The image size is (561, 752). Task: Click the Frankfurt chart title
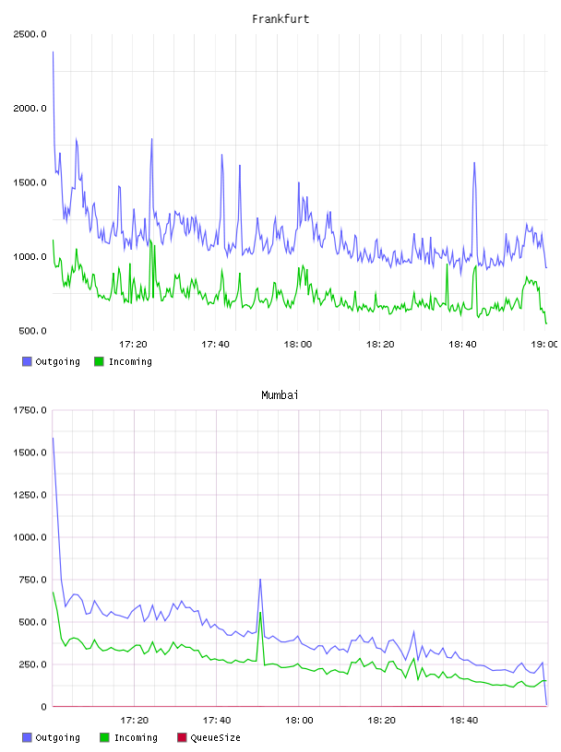tap(280, 19)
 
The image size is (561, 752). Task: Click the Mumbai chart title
tap(280, 395)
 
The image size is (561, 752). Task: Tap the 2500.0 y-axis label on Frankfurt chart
tap(30, 34)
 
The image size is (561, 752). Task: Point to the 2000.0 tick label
tap(30, 109)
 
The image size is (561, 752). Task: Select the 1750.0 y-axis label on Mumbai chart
tap(30, 410)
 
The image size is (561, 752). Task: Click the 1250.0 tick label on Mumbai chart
tap(30, 495)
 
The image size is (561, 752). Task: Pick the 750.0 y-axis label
tap(32, 580)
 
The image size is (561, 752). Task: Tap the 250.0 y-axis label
tap(32, 664)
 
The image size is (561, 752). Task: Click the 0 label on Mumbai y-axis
tap(43, 707)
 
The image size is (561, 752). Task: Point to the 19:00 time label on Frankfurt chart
tap(544, 345)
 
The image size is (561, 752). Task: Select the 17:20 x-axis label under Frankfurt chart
tap(133, 345)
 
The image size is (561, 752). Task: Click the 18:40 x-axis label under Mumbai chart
tap(464, 721)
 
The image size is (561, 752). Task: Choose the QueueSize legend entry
tap(209, 737)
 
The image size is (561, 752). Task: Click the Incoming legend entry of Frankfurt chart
tap(124, 361)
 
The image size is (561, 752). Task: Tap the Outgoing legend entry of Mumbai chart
tap(52, 737)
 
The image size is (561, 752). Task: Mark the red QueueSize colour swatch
tap(182, 737)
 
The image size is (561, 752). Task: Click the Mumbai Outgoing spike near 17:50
tap(260, 580)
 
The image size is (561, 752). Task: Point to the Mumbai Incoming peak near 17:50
tap(260, 613)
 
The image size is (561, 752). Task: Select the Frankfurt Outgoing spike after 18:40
tap(474, 163)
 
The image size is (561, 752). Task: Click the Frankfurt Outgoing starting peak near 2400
tap(53, 52)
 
